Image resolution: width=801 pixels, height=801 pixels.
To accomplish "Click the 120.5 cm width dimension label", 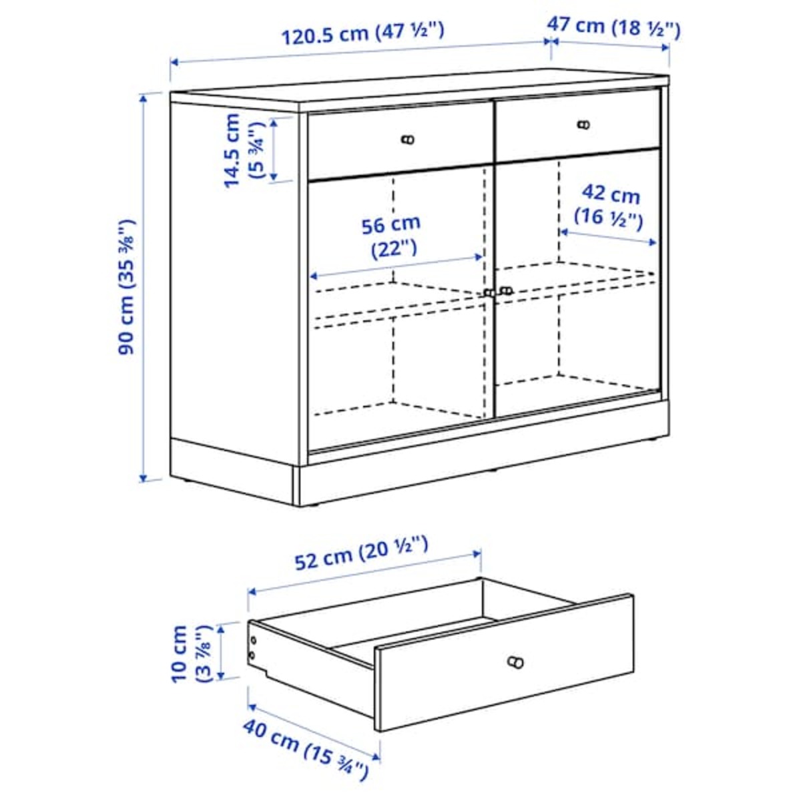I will click(x=361, y=33).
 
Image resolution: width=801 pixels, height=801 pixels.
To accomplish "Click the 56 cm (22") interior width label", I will click(x=392, y=236).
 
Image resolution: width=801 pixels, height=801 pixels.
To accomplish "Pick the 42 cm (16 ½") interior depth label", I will click(x=608, y=206).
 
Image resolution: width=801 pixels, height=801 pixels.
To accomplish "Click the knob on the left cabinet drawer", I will click(x=408, y=140).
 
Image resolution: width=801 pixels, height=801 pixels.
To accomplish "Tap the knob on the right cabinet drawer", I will click(x=584, y=124).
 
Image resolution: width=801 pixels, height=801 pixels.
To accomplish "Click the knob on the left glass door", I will click(x=490, y=292).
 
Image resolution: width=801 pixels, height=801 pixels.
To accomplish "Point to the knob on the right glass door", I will click(x=506, y=290).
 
